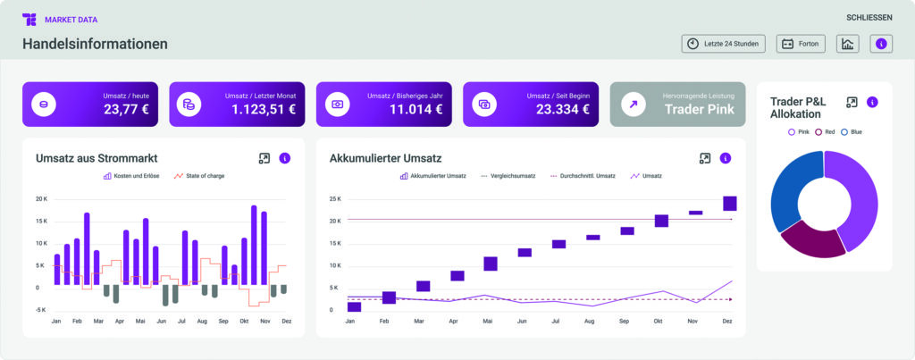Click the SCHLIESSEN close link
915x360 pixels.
(869, 18)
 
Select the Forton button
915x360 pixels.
(801, 44)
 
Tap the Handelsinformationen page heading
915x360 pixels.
(95, 44)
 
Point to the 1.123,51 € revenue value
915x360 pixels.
(263, 109)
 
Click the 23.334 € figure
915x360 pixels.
(561, 109)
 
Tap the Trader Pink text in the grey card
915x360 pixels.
(699, 109)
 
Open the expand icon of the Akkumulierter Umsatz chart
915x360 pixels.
(705, 158)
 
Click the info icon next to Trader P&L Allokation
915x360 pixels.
(872, 102)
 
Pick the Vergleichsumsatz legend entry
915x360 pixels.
(508, 176)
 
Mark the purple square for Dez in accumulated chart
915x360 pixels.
(730, 203)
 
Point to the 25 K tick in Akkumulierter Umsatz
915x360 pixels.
(335, 198)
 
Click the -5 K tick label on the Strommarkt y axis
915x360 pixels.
(40, 310)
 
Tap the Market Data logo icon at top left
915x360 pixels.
(29, 19)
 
